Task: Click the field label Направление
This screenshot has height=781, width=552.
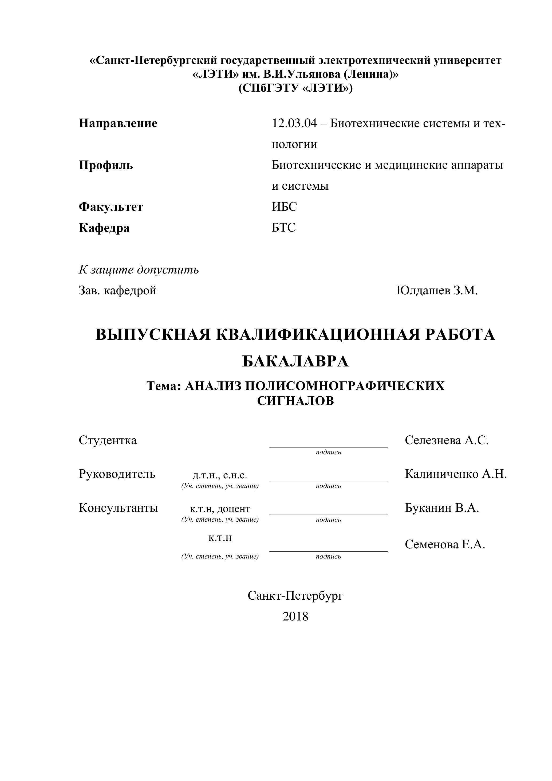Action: click(118, 123)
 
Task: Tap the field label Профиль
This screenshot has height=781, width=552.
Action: click(106, 165)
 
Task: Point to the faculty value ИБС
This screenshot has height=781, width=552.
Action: click(284, 207)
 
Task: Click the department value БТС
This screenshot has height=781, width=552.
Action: click(283, 228)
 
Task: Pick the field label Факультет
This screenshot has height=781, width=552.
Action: click(111, 207)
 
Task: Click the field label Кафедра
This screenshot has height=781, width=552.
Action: click(104, 228)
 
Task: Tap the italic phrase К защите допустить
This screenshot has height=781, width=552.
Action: click(139, 270)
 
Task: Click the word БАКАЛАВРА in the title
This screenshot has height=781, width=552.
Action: click(295, 361)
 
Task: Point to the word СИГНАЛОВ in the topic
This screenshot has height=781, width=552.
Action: click(295, 401)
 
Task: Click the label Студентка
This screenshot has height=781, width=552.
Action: click(108, 440)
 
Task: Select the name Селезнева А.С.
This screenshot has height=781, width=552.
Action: click(447, 440)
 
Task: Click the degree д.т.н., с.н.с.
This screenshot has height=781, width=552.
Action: click(220, 475)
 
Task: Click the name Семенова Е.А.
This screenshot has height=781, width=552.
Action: click(445, 545)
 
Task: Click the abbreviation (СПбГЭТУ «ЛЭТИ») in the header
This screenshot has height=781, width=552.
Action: click(295, 88)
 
